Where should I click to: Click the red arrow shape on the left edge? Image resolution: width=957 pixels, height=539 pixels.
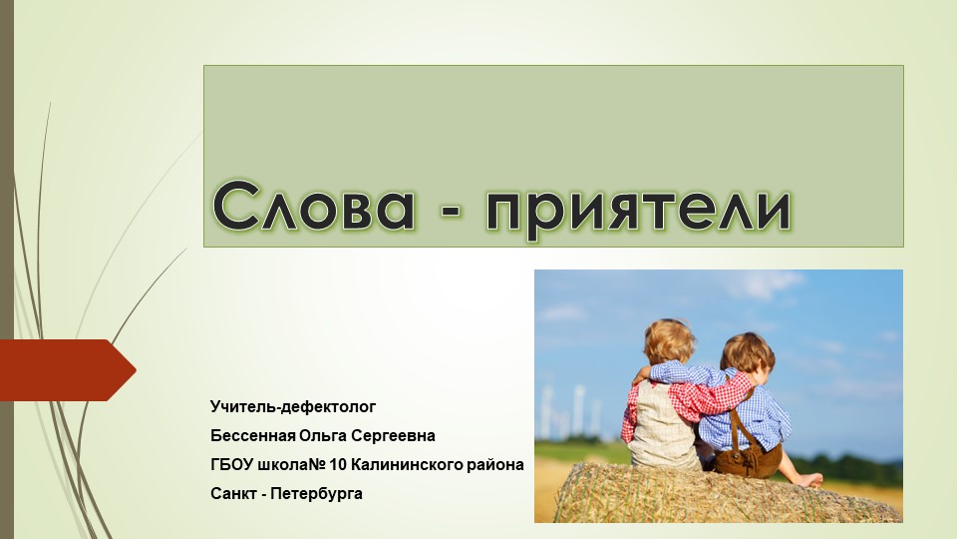[66, 370]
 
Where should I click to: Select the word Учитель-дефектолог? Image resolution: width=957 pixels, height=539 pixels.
[293, 407]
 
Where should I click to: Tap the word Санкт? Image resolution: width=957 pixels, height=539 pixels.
[232, 494]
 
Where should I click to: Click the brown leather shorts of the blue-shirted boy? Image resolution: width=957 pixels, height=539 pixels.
[752, 454]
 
